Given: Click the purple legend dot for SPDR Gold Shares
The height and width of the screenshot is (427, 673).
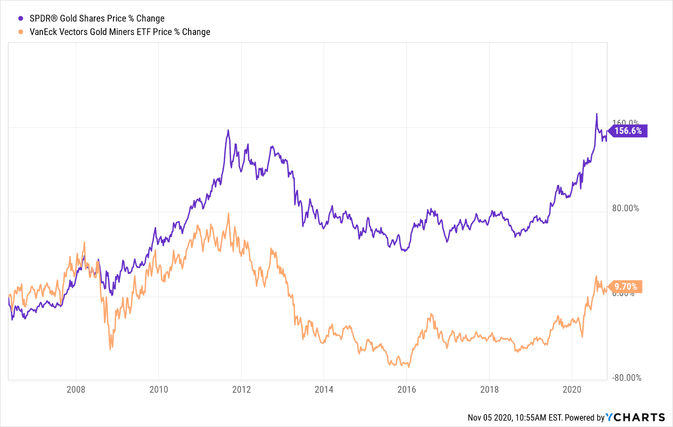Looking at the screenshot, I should coord(20,18).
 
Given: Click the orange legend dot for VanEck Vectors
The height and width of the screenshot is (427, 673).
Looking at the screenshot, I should coord(20,32).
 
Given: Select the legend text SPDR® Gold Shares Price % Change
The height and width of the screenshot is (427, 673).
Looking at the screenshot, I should coord(97,18).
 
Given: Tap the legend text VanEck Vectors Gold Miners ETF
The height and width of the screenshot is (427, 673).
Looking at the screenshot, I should coord(120,32).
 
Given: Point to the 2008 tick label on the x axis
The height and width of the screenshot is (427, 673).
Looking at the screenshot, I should coord(76,389).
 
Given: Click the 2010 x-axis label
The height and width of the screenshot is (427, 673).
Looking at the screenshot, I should coord(158,389).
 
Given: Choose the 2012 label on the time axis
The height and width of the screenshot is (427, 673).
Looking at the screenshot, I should coord(241,389).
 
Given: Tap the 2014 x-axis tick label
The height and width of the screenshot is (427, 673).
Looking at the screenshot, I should coord(324,389).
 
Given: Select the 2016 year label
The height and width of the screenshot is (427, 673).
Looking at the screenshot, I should coord(407,389).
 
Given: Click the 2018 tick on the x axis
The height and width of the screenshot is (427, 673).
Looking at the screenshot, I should coord(489,389).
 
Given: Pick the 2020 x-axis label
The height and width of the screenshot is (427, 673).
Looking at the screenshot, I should coord(572,389).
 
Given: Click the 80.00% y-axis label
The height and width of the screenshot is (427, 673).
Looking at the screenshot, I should coord(625,208).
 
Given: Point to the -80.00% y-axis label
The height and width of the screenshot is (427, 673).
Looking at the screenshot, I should coord(626,378).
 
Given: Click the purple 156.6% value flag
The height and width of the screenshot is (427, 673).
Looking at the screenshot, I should coord(628,131).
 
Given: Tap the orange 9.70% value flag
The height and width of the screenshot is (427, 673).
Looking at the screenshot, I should coord(625,286).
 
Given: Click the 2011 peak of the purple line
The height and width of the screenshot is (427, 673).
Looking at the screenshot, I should coord(228,130).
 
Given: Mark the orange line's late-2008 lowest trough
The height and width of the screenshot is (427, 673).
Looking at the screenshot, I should coord(110,349).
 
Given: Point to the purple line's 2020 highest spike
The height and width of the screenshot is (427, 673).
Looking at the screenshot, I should coord(597,113).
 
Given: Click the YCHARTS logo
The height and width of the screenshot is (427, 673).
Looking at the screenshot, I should coord(635,417).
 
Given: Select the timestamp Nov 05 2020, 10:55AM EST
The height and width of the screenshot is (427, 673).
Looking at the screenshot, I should coord(515,417).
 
